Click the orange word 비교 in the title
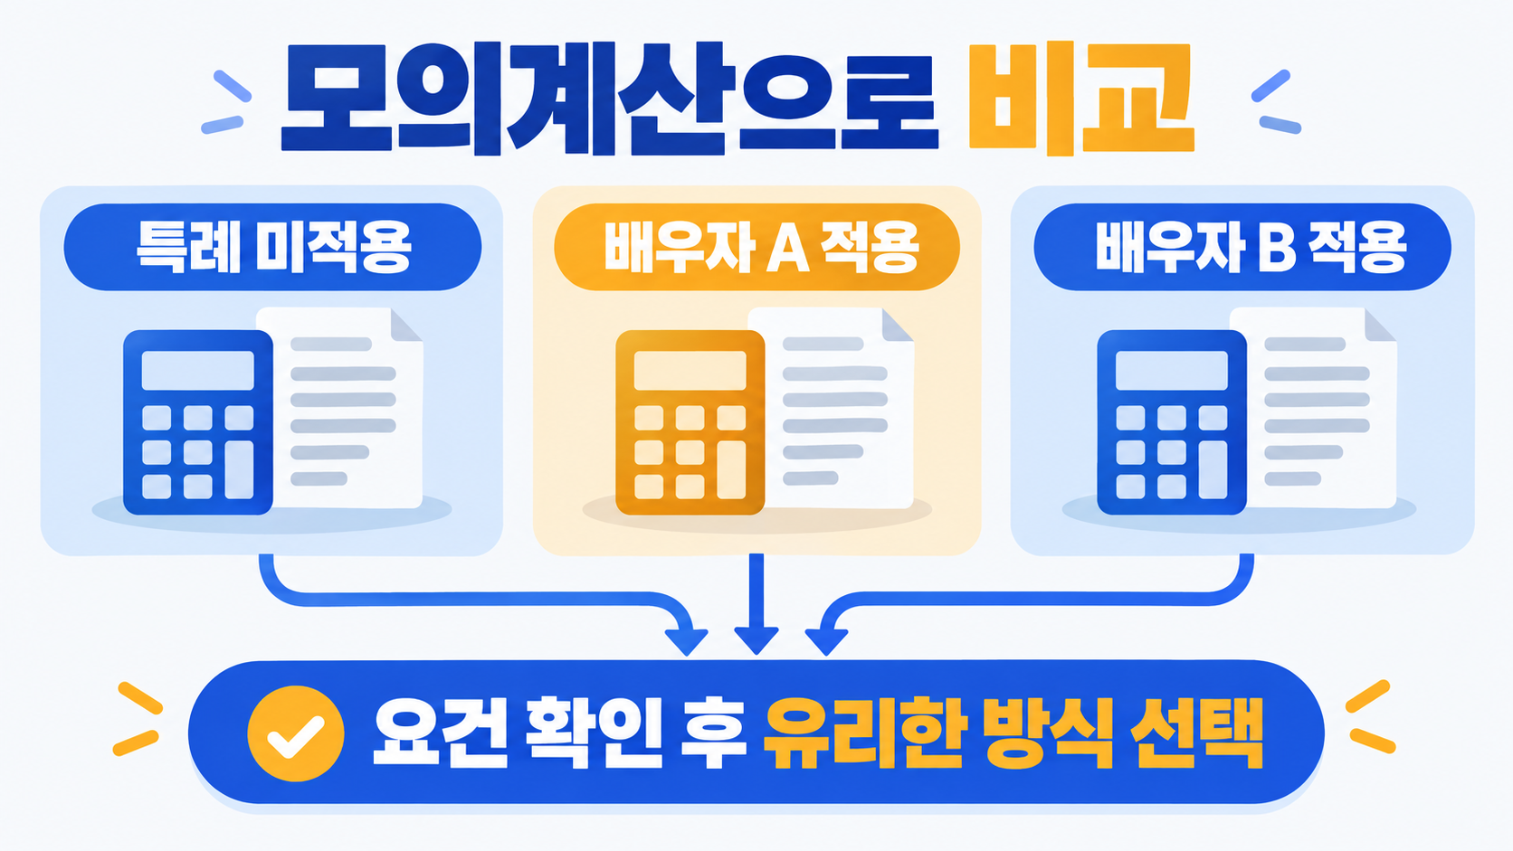coord(1081,99)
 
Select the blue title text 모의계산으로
coord(609,99)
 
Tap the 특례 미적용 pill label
coord(273,247)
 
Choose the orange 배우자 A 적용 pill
coord(756,247)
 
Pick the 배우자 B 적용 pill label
coord(1242,247)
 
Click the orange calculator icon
coord(690,422)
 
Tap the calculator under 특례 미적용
coord(198,422)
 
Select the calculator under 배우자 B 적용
coord(1171,422)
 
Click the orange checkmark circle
coord(296,733)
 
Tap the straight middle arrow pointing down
coord(756,604)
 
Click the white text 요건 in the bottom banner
coord(440,733)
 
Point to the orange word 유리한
coord(862,733)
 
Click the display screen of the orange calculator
coord(690,370)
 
